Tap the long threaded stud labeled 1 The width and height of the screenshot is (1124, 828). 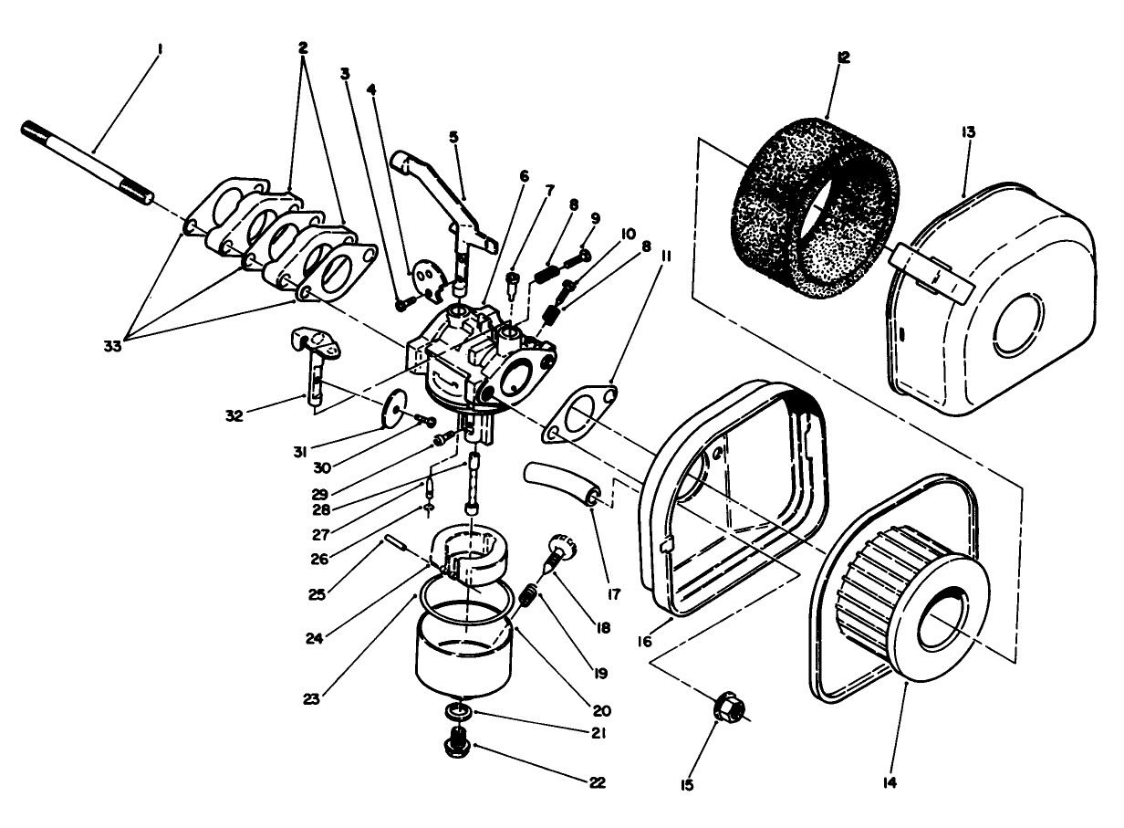click(87, 159)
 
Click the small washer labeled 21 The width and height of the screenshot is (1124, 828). click(457, 711)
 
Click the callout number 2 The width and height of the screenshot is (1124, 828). click(303, 46)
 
